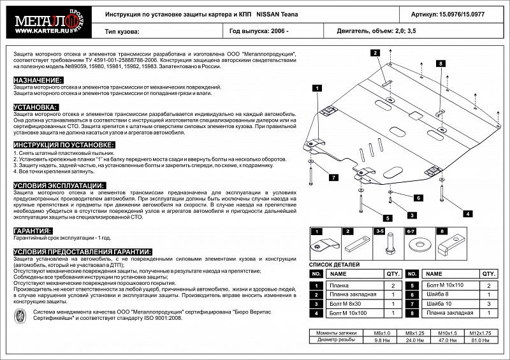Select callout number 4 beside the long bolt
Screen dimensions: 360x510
pyautogui.click(x=468, y=214)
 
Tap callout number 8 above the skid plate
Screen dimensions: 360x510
pyautogui.click(x=440, y=63)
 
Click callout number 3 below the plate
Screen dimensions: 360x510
pyautogui.click(x=412, y=215)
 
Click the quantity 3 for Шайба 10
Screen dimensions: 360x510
pyautogui.click(x=488, y=304)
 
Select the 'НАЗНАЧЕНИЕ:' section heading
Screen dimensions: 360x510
pyautogui.click(x=38, y=80)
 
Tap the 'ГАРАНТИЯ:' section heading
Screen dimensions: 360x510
pyautogui.click(x=33, y=231)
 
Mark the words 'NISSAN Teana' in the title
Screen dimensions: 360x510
pyautogui.click(x=277, y=13)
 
